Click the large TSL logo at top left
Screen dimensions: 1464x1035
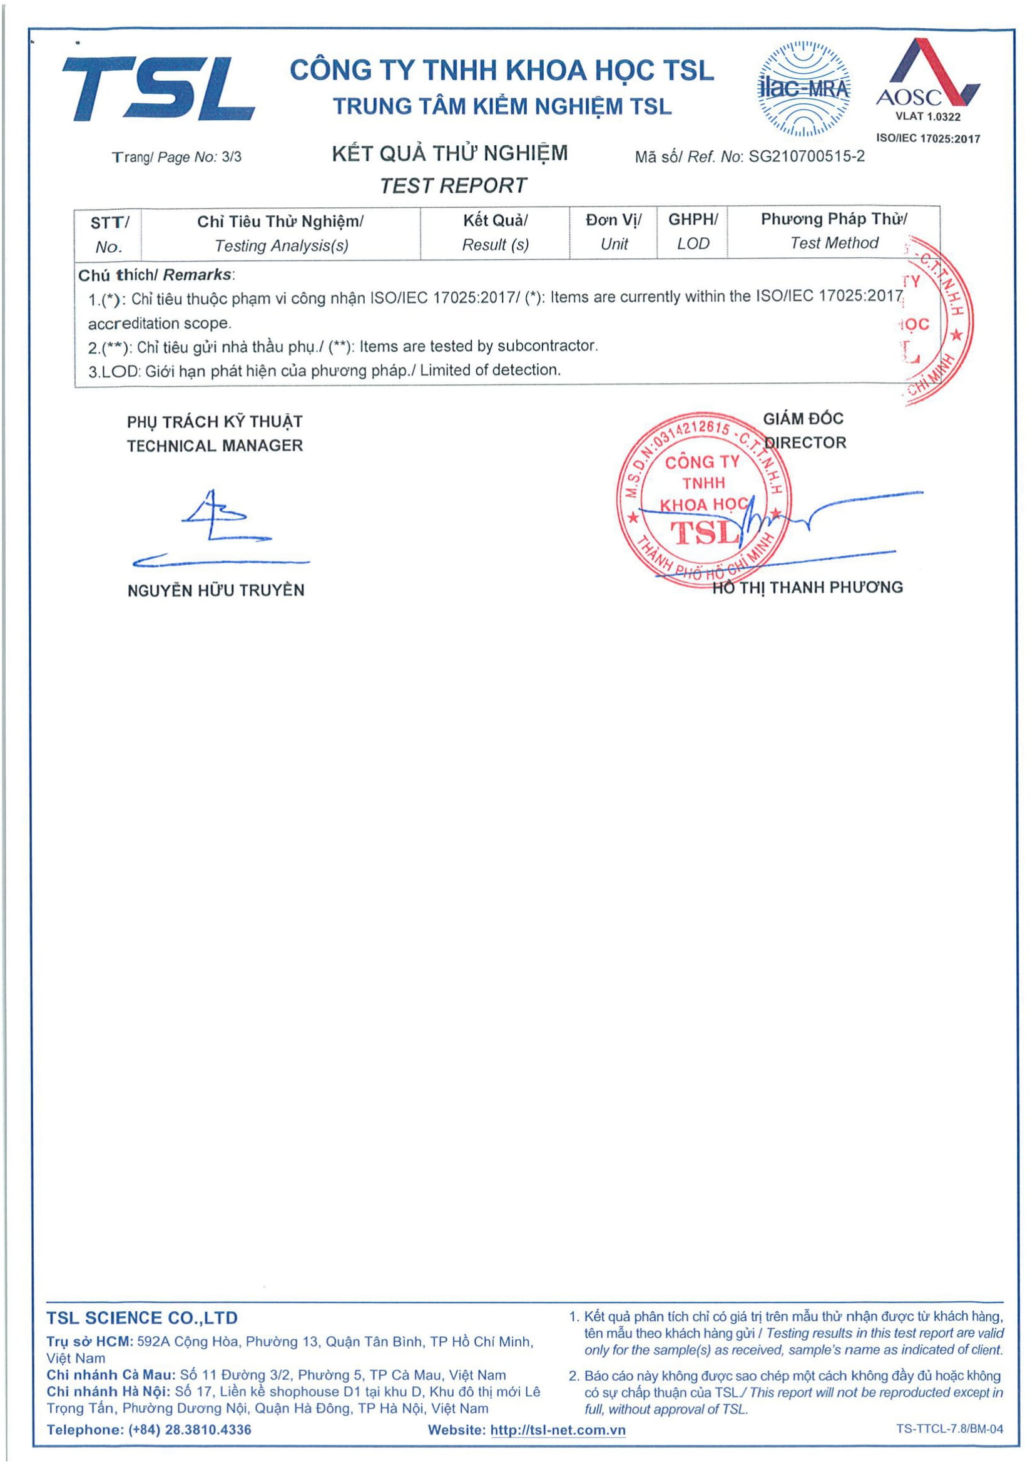click(x=158, y=88)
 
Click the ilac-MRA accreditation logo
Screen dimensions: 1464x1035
click(x=803, y=89)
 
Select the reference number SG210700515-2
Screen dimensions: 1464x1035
click(x=806, y=156)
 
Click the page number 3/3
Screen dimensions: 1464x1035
click(x=232, y=157)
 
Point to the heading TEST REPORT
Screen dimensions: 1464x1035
click(x=453, y=185)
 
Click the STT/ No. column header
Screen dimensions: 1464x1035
click(x=109, y=234)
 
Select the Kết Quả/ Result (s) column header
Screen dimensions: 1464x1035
click(x=495, y=233)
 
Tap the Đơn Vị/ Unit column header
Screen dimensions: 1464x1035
click(x=614, y=232)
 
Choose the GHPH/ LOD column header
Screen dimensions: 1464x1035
click(x=693, y=232)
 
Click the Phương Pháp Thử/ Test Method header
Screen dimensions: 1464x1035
click(x=834, y=231)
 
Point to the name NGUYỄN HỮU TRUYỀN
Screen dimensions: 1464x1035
click(x=215, y=590)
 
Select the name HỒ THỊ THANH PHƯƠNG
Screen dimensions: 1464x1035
click(x=807, y=587)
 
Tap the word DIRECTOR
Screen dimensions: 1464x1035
click(x=805, y=443)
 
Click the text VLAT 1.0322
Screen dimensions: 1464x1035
click(x=927, y=116)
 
